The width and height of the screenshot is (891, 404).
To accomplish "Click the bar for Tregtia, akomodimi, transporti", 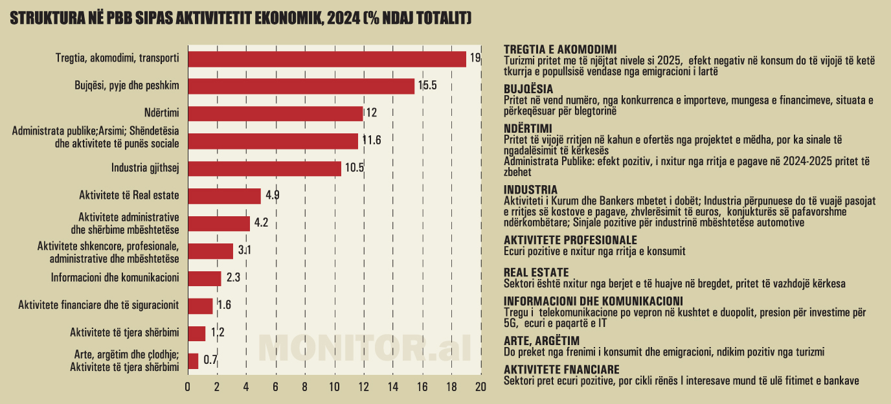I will click(x=327, y=59).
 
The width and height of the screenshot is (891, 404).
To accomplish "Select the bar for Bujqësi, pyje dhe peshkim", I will click(x=301, y=86).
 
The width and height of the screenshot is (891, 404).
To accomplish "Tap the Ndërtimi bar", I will click(x=275, y=113).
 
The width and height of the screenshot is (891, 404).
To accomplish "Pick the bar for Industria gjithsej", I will click(x=264, y=168).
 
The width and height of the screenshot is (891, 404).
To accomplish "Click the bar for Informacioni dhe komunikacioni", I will click(x=205, y=278).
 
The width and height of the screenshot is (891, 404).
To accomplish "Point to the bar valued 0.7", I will click(x=193, y=361).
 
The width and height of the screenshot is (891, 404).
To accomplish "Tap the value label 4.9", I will click(x=272, y=196).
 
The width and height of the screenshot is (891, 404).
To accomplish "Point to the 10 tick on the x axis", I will click(x=334, y=387).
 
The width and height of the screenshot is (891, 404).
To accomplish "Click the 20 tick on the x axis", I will click(x=480, y=387).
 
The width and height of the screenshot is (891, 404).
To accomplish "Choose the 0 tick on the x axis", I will click(x=188, y=387).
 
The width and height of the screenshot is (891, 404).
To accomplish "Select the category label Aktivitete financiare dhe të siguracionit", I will click(x=98, y=306).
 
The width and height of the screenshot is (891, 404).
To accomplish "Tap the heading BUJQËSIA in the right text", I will click(x=528, y=89).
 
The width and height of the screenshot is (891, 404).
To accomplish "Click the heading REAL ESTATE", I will click(x=536, y=273).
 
